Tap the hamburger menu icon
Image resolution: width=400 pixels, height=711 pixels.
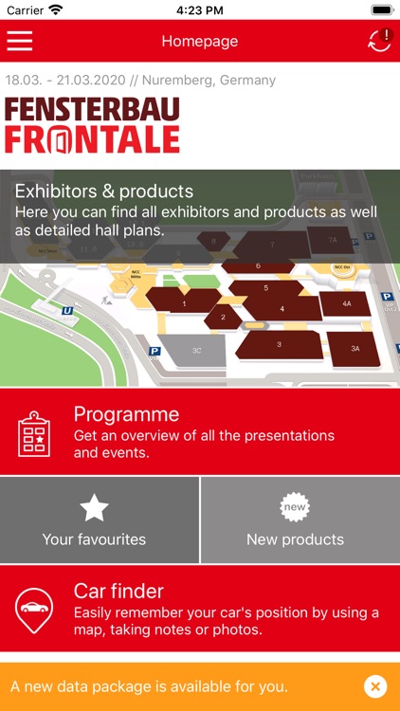click(x=20, y=42)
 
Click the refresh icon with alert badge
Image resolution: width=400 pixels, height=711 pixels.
click(x=379, y=41)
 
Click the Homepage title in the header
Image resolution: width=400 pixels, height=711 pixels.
click(x=199, y=42)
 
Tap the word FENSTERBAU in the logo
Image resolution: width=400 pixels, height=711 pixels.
click(x=92, y=109)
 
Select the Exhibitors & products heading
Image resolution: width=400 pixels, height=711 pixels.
click(x=104, y=191)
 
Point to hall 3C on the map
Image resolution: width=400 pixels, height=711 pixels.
click(x=196, y=350)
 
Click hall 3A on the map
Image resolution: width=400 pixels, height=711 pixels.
click(x=355, y=349)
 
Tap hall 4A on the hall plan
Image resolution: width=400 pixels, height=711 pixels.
click(x=347, y=304)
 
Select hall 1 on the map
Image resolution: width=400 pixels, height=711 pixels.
click(x=184, y=303)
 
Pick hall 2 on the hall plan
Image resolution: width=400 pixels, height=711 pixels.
click(x=223, y=317)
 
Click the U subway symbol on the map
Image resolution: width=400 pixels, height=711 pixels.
click(x=67, y=309)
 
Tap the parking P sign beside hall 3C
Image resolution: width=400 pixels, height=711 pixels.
click(x=155, y=351)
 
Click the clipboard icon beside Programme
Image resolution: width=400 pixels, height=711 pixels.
click(x=34, y=432)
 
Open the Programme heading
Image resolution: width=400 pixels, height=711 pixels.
click(x=126, y=414)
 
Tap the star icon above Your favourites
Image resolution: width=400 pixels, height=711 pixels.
click(x=94, y=508)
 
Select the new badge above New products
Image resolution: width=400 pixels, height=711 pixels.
click(x=295, y=508)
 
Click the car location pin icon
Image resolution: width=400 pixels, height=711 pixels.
click(x=34, y=611)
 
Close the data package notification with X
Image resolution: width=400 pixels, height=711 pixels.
click(x=375, y=686)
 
